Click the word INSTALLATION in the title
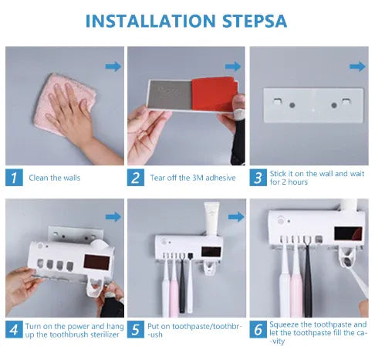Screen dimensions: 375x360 150,21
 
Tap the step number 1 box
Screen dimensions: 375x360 14,178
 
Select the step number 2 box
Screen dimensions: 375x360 136,178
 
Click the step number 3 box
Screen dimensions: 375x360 258,178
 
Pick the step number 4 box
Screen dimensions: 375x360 14,329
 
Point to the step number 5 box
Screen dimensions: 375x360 136,329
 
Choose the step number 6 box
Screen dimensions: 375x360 258,329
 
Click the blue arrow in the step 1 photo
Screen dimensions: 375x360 113,66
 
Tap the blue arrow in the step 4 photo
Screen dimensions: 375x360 113,217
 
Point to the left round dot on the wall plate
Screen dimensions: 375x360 292,105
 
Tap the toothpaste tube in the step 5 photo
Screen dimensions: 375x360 211,219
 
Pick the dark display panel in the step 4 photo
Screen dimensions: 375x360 96,262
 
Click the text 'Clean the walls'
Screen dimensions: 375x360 55,178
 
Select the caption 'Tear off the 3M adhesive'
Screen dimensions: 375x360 193,178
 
